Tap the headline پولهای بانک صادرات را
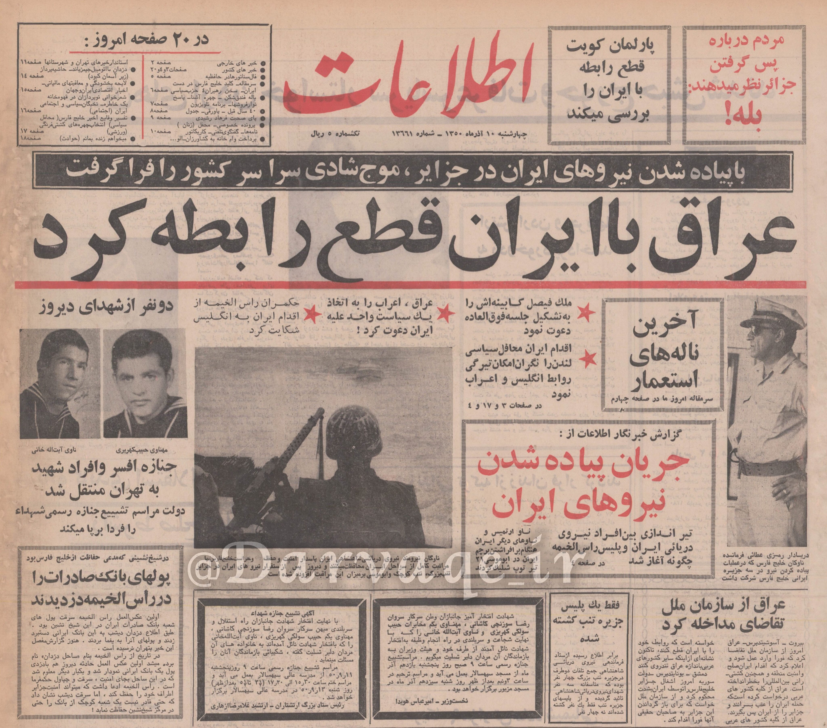(101, 578)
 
